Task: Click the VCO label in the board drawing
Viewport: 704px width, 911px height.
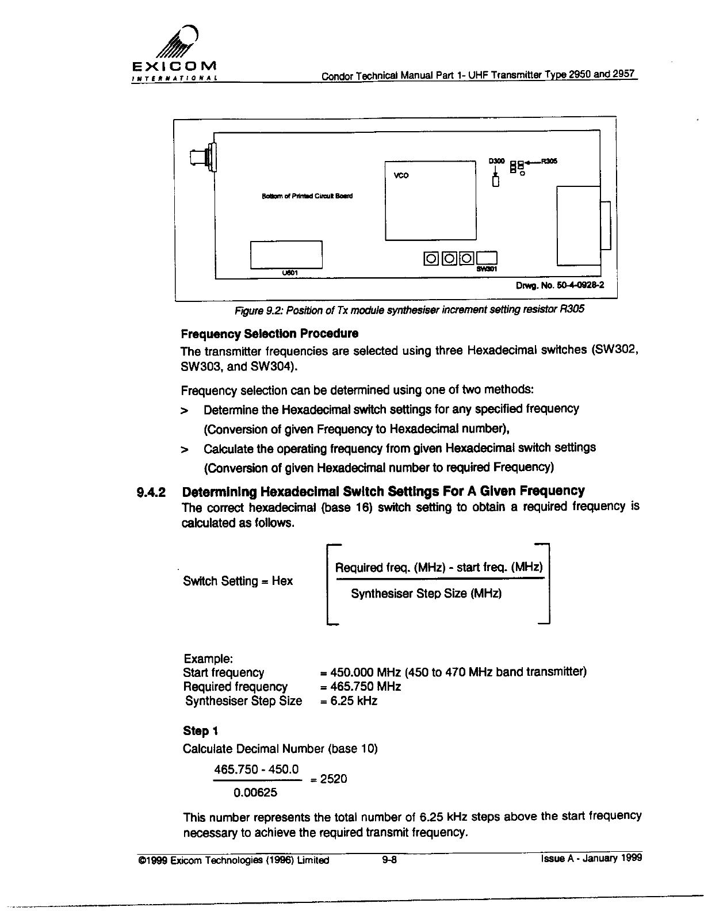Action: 401,175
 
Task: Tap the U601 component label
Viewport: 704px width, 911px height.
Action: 289,272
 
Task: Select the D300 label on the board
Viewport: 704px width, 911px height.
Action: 496,161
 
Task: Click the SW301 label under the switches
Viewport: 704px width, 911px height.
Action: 486,269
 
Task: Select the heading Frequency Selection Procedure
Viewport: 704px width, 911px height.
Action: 269,334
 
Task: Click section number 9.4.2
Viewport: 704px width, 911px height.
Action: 151,492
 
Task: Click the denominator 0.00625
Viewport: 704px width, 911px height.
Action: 255,793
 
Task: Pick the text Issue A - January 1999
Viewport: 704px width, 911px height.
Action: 591,859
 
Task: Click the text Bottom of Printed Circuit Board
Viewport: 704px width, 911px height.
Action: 307,196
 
